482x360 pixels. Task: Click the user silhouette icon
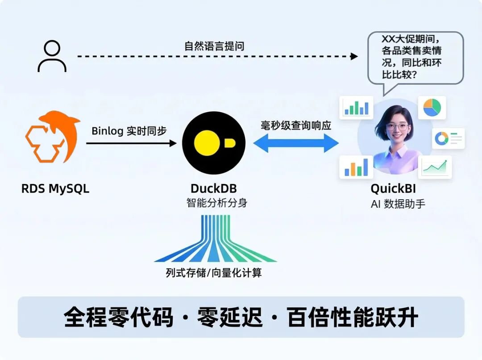pos(52,56)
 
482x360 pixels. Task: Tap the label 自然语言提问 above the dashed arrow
pos(214,46)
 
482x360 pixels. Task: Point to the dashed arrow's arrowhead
pos(354,56)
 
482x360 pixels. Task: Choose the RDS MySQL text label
pos(55,188)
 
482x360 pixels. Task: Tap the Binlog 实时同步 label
pos(129,131)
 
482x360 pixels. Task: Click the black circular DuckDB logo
pos(214,143)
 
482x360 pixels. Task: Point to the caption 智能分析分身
pos(216,203)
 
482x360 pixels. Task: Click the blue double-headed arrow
pos(296,143)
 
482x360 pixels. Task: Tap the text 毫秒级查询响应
pos(296,126)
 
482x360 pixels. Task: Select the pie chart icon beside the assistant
pos(432,108)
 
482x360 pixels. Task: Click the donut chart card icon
pos(448,139)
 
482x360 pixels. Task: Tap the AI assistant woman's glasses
pos(396,126)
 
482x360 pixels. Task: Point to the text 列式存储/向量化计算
pos(214,273)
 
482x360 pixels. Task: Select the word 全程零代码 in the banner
pos(119,318)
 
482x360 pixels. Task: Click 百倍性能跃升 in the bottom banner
pos(353,318)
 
